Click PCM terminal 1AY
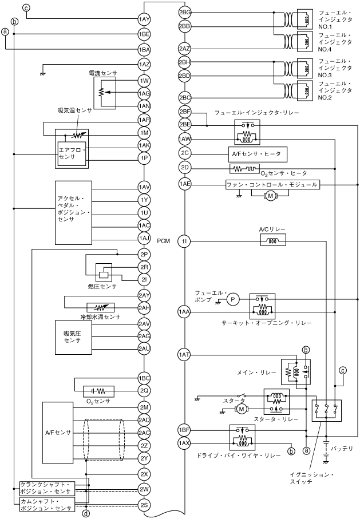point(144,19)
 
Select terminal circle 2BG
point(185,13)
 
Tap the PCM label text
point(164,241)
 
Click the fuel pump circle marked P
point(232,299)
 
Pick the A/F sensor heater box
point(258,154)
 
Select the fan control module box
point(272,184)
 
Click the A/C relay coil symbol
point(273,240)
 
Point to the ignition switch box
point(327,410)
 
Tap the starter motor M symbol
point(241,409)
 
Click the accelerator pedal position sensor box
point(73,212)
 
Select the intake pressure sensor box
point(73,337)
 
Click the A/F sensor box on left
point(58,433)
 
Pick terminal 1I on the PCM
point(184,241)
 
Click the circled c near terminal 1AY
point(26,7)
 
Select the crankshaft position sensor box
point(47,488)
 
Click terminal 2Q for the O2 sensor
point(144,391)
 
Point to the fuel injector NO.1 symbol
point(305,19)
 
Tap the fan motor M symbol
point(270,196)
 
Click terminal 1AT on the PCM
point(184,355)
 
